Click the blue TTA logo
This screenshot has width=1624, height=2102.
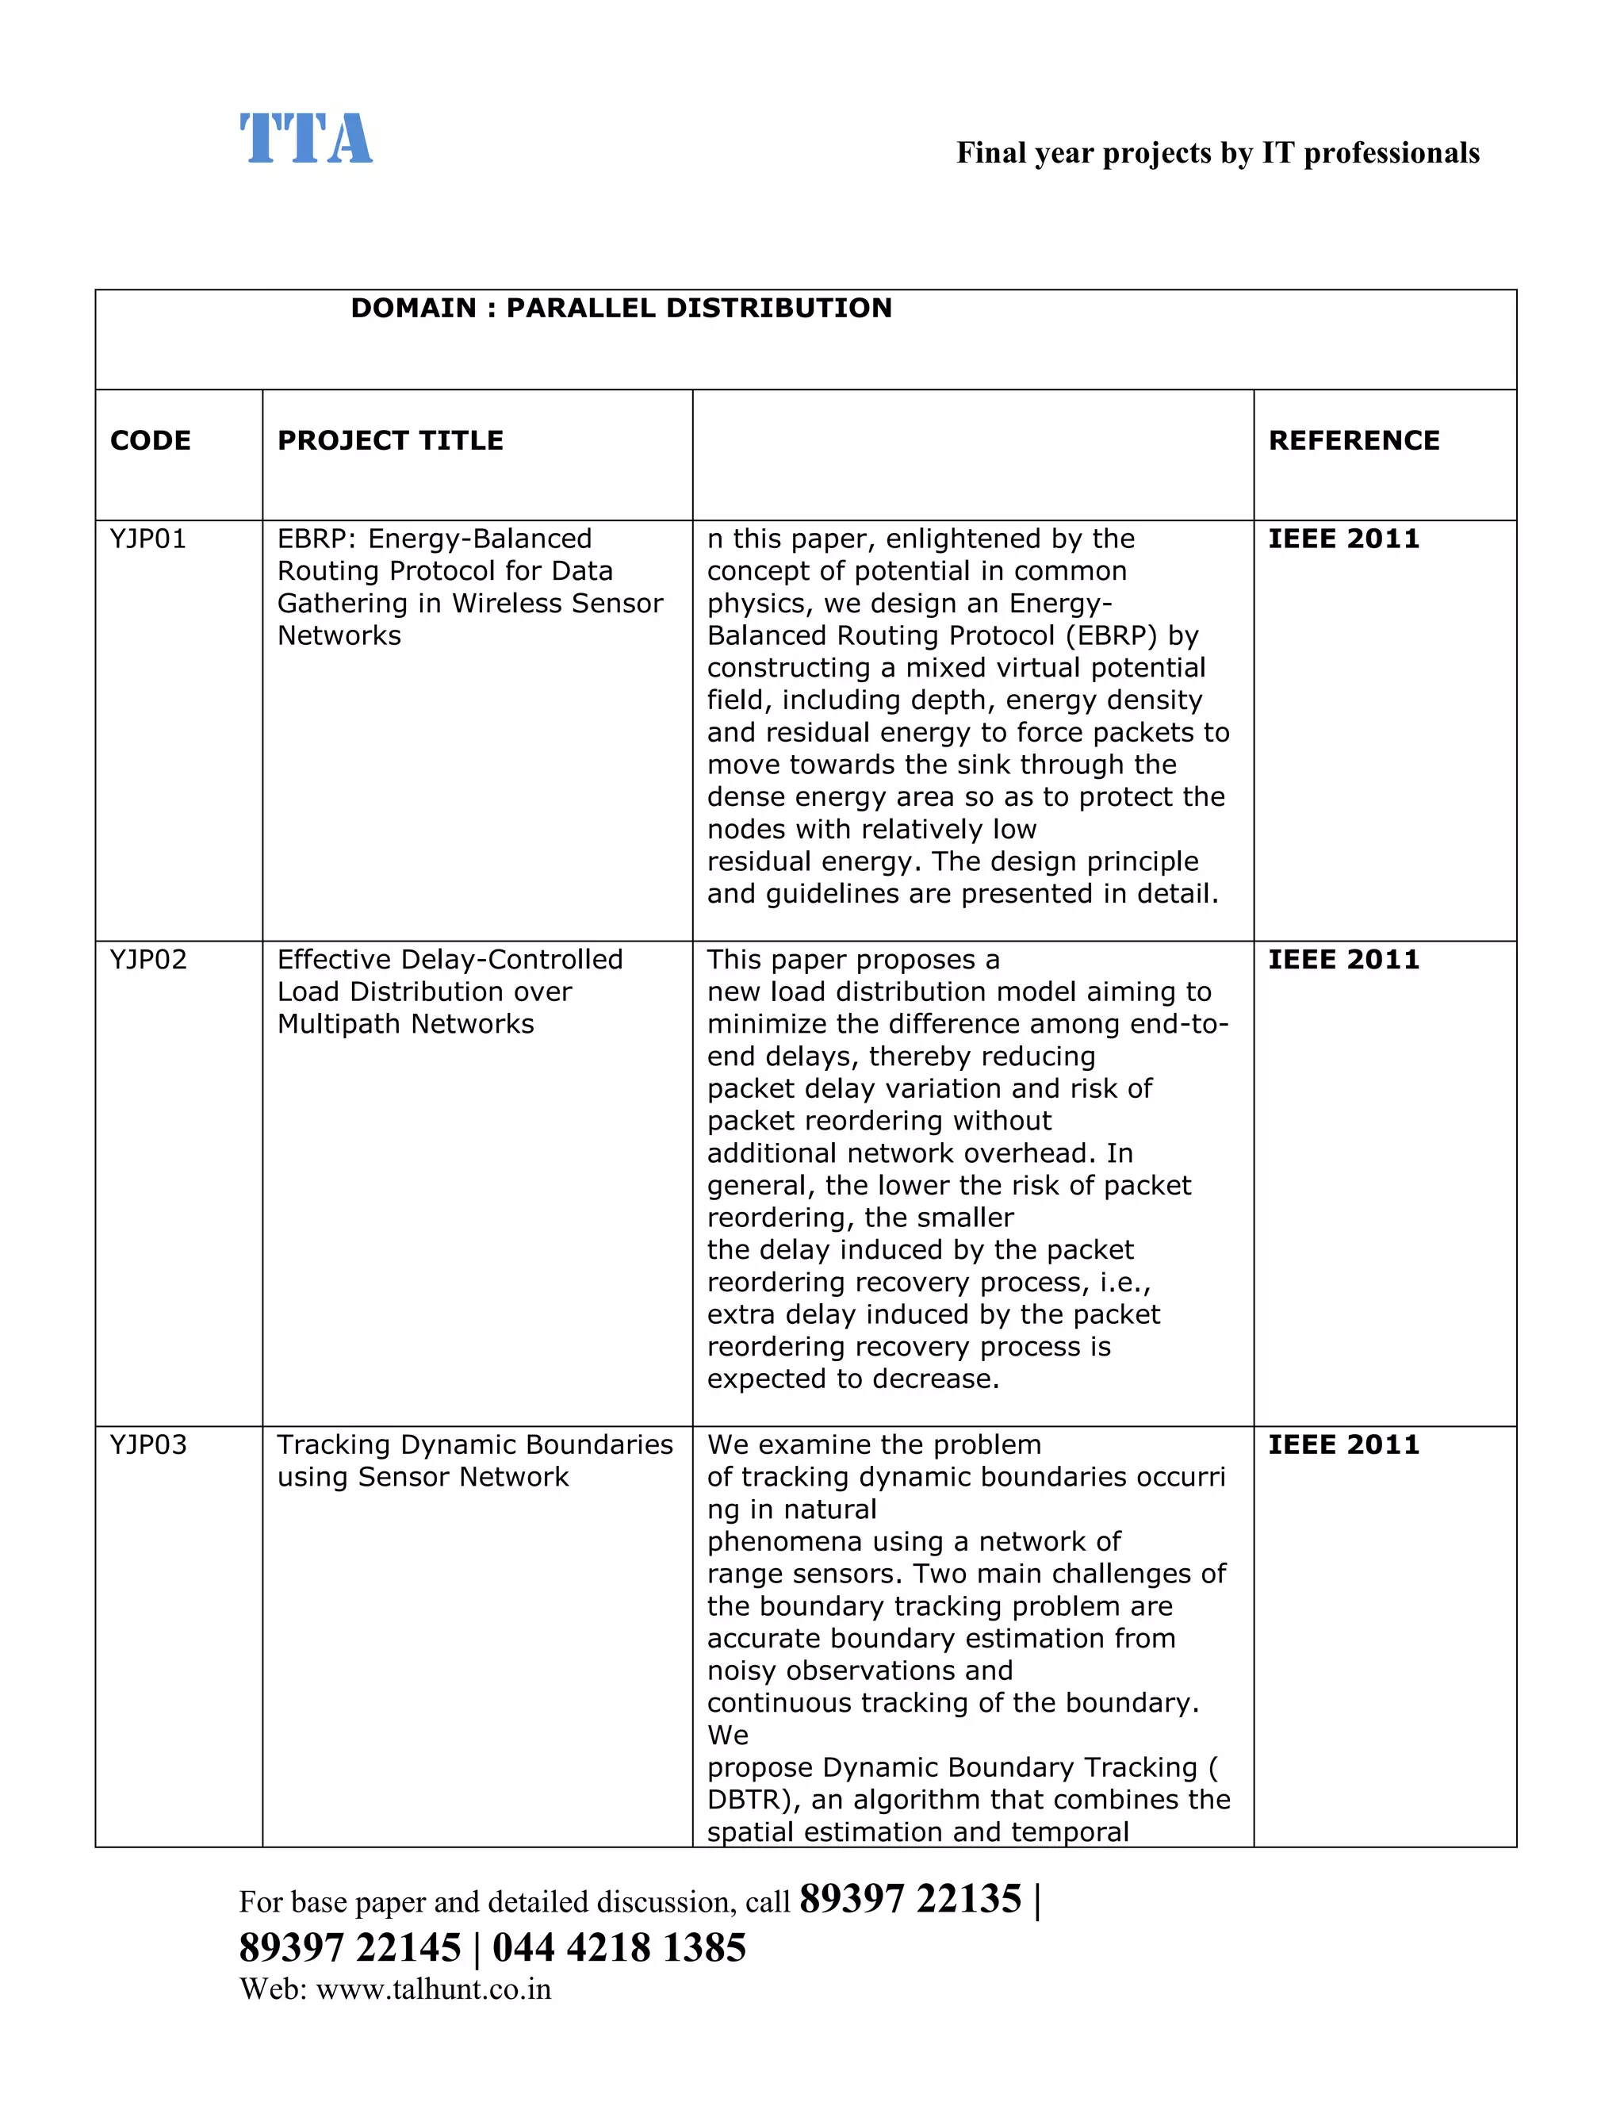(x=305, y=139)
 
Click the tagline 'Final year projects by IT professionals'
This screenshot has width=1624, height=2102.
(x=1217, y=153)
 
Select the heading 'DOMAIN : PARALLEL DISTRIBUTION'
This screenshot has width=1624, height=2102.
(x=621, y=308)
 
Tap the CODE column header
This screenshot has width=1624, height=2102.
(x=150, y=441)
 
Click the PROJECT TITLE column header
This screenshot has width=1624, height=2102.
(x=389, y=441)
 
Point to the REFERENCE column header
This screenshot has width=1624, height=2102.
(x=1354, y=441)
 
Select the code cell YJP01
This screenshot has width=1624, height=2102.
(x=148, y=539)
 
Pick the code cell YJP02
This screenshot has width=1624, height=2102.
(x=148, y=960)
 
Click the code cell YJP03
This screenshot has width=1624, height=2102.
(x=148, y=1444)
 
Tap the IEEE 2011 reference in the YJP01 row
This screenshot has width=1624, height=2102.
(x=1343, y=539)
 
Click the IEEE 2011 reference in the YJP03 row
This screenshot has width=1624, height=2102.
(x=1343, y=1444)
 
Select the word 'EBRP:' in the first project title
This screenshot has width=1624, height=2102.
(x=316, y=539)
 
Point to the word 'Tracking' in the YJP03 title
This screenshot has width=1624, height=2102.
(x=334, y=1444)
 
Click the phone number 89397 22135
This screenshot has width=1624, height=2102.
(x=910, y=1899)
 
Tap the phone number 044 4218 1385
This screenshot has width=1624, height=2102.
(x=619, y=1947)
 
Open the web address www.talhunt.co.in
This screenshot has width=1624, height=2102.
(x=433, y=1989)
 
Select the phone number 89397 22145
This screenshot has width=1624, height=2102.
(x=350, y=1947)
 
